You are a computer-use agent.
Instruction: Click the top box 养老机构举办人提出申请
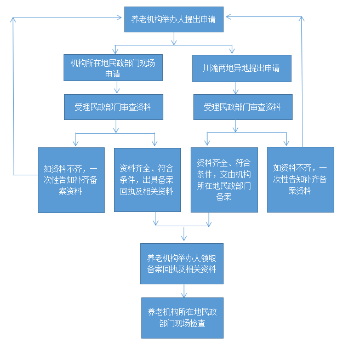tap(173, 20)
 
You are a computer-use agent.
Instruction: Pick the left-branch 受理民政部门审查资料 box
tap(117, 107)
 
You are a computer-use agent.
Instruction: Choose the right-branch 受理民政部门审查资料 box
tap(242, 107)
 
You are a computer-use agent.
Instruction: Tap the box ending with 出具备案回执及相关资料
tap(147, 180)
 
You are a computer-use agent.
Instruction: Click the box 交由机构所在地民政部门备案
tap(224, 180)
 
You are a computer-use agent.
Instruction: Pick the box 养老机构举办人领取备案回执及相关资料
tap(181, 264)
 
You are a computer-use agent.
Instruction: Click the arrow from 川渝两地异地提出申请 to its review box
tap(236, 89)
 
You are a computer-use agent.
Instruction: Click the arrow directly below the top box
tap(173, 38)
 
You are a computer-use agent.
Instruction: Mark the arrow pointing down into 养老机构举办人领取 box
tap(183, 236)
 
